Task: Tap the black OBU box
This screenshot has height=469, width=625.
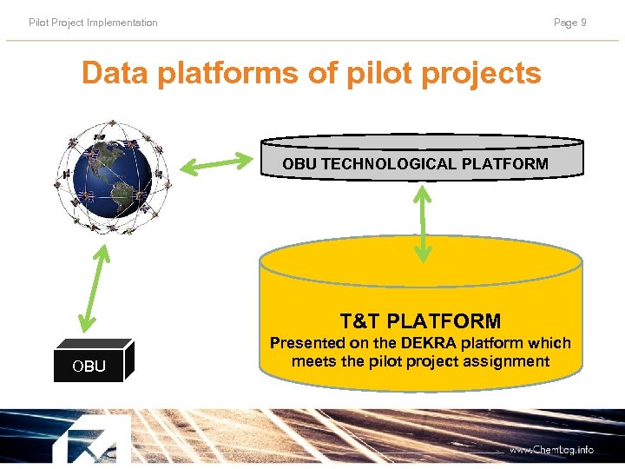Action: point(92,362)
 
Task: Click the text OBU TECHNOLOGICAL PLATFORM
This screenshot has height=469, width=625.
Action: point(415,163)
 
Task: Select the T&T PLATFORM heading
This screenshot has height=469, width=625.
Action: point(420,321)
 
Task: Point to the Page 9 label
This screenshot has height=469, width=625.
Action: point(569,23)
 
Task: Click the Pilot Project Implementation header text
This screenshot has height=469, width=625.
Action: point(93,23)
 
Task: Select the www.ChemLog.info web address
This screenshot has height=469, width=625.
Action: point(551,450)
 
